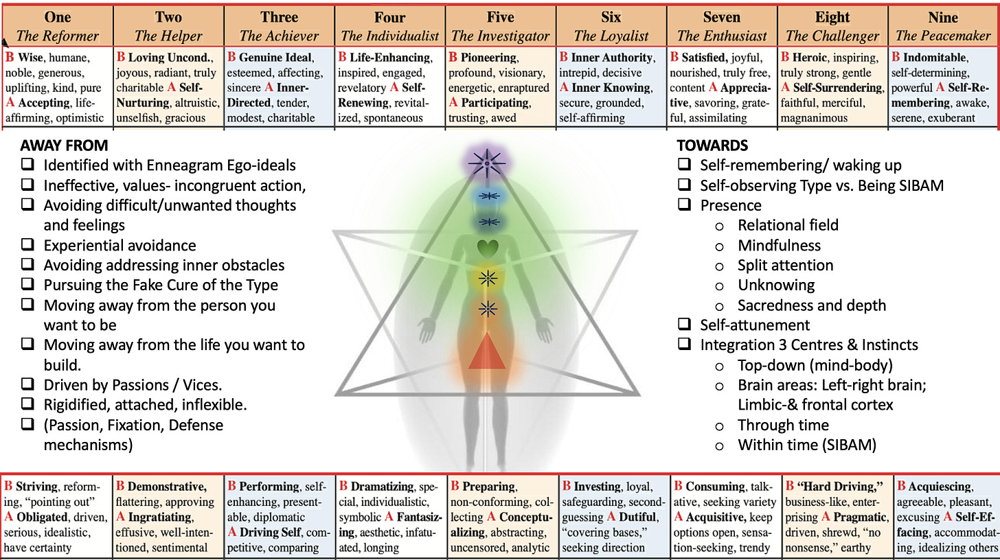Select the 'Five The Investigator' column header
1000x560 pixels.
point(500,25)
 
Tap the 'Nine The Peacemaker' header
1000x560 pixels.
point(944,25)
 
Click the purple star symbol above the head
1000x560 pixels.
point(488,163)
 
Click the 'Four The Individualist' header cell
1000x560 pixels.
point(389,25)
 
